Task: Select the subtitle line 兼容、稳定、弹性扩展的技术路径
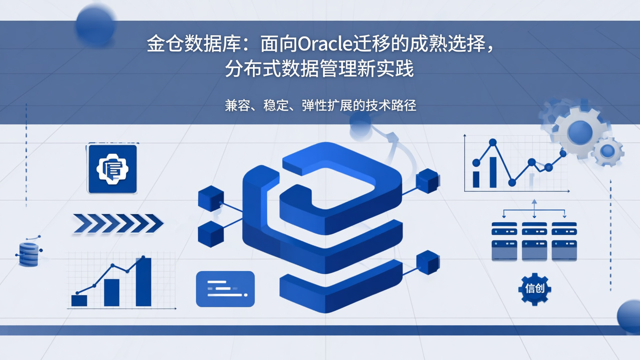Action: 320,105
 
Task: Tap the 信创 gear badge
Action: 535,289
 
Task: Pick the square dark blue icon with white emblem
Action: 112,169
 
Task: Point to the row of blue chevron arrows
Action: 118,223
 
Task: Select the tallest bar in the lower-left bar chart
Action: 143,282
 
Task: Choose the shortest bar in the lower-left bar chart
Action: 80,300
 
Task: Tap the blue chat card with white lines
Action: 225,289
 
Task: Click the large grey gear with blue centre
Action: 579,132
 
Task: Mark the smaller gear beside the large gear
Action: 608,152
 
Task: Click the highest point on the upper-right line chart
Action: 492,143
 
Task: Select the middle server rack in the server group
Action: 534,241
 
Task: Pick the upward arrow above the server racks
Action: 534,203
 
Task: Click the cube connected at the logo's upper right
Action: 428,181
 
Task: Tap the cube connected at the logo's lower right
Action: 428,262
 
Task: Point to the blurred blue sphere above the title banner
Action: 95,25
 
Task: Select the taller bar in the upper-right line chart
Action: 493,172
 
